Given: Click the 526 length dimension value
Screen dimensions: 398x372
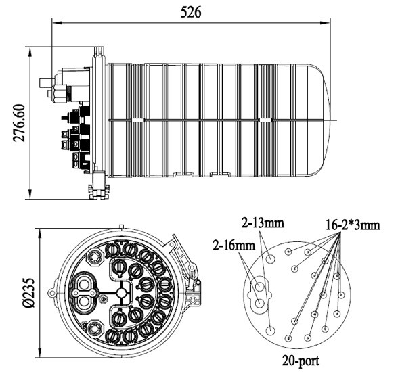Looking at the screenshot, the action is (191, 12).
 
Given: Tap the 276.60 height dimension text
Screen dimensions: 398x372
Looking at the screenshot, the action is (19, 122).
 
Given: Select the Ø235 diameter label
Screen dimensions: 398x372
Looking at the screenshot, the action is (28, 292).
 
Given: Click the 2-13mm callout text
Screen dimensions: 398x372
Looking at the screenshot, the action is (263, 223).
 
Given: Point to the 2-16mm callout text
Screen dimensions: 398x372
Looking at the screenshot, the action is (234, 246).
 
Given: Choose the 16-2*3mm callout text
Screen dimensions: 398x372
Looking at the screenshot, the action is (353, 225).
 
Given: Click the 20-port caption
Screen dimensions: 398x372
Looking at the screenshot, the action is (301, 360).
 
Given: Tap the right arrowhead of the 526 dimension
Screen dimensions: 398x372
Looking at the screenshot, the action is (325, 23).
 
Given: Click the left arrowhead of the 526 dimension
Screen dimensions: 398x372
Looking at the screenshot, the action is (57, 23).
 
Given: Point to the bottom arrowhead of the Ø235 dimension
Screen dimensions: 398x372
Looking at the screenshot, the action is (39, 352).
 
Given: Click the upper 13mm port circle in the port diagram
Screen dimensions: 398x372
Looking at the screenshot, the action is (271, 259).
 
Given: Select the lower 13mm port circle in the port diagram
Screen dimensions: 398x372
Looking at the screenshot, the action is (271, 331).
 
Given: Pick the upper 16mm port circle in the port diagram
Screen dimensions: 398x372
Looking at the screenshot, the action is (259, 287).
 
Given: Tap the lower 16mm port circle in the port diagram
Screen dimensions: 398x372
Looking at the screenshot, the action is (259, 303).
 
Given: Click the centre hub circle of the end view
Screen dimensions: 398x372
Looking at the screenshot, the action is (121, 293).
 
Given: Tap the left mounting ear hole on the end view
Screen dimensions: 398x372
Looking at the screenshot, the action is (51, 293).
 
